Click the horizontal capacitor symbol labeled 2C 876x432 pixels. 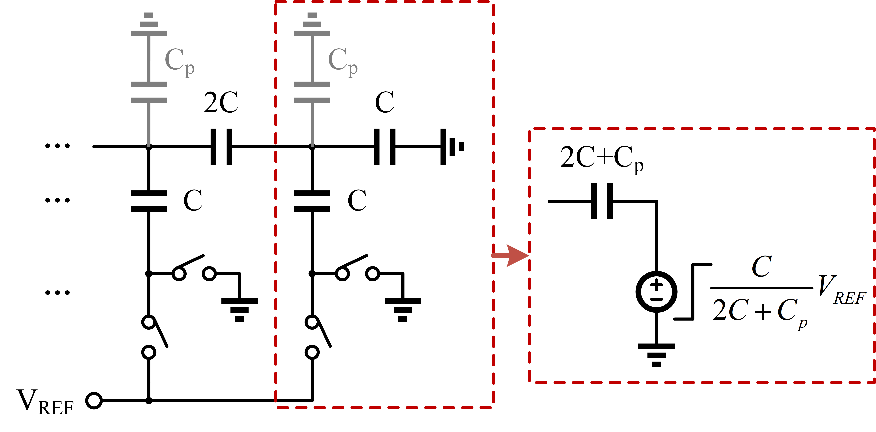coord(221,147)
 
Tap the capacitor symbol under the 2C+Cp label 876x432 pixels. coord(602,201)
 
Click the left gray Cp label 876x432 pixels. coord(179,61)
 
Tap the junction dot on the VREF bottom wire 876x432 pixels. coord(149,401)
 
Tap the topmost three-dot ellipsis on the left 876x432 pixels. coord(57,146)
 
